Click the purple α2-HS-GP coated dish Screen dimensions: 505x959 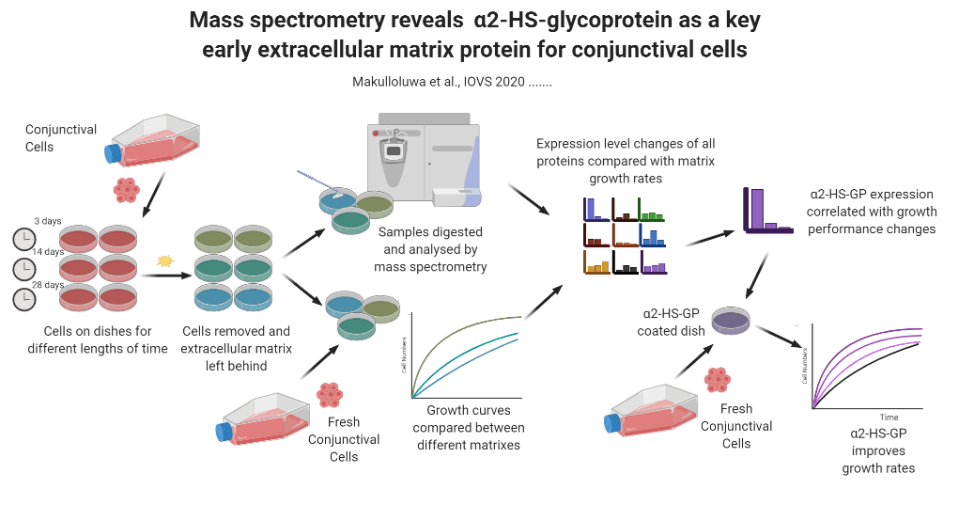click(730, 322)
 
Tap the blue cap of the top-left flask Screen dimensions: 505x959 click(114, 152)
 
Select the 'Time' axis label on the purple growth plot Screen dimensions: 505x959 click(889, 417)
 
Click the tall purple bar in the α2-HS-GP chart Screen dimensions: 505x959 click(757, 208)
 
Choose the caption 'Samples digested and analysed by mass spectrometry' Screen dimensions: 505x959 click(431, 249)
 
